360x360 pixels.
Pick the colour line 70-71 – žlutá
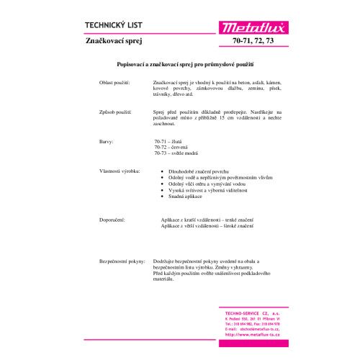coord(171,142)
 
